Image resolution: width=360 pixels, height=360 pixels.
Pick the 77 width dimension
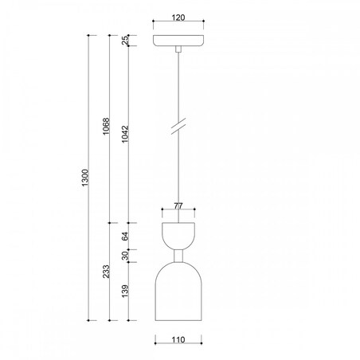178,205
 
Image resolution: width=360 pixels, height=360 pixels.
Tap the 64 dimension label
125,236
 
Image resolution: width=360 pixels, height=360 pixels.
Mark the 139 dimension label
125,292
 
